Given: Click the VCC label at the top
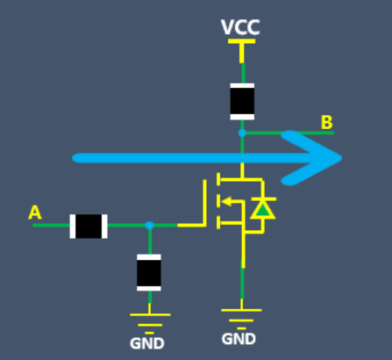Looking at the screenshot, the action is tap(240, 27).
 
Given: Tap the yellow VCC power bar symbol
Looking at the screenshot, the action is tap(241, 50).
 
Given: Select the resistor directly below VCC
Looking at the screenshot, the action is tap(242, 102).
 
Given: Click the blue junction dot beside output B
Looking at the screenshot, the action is tap(242, 133).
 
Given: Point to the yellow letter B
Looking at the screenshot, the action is tap(326, 122).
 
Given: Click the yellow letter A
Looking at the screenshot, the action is tap(35, 212).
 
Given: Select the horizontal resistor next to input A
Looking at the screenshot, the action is tap(89, 227).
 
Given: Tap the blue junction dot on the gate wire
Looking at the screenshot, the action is tap(149, 225).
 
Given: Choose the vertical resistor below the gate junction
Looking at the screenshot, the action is tap(149, 272).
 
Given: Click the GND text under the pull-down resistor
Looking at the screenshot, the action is tap(147, 343).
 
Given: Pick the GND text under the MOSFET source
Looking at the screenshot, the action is tap(239, 339).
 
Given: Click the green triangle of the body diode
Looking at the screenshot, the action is tap(263, 210).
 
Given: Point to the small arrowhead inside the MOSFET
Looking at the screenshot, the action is tap(227, 201).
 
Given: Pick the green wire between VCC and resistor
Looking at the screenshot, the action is tap(243, 73).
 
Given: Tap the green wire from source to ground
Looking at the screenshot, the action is tap(242, 283).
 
